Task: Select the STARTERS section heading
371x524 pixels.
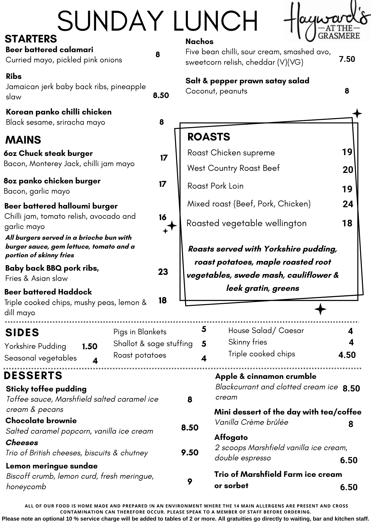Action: pyautogui.click(x=31, y=39)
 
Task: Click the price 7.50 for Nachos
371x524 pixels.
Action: pyautogui.click(x=347, y=59)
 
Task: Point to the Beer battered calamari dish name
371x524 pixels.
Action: pyautogui.click(x=49, y=50)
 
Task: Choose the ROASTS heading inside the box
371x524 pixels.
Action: pyautogui.click(x=209, y=137)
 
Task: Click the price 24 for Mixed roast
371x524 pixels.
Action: pyautogui.click(x=348, y=204)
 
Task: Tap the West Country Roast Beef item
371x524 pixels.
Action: pyautogui.click(x=233, y=168)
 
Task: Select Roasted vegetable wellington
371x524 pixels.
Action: pyautogui.click(x=246, y=223)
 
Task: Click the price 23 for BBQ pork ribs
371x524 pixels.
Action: pyautogui.click(x=163, y=272)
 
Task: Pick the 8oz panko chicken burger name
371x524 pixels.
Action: pyautogui.click(x=52, y=181)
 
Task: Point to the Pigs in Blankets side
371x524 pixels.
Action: pyautogui.click(x=140, y=332)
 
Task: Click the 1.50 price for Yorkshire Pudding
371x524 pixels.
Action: pyautogui.click(x=89, y=346)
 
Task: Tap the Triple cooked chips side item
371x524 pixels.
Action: pyautogui.click(x=262, y=354)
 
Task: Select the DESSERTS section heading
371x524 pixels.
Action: pyautogui.click(x=33, y=375)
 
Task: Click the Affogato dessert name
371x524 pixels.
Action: pyautogui.click(x=231, y=437)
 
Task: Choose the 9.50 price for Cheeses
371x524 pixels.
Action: pyautogui.click(x=190, y=452)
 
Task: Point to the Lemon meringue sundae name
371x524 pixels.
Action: pyautogui.click(x=51, y=466)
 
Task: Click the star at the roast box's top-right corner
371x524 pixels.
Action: pyautogui.click(x=357, y=114)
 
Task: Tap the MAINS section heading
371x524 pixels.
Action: pyautogui.click(x=23, y=140)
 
